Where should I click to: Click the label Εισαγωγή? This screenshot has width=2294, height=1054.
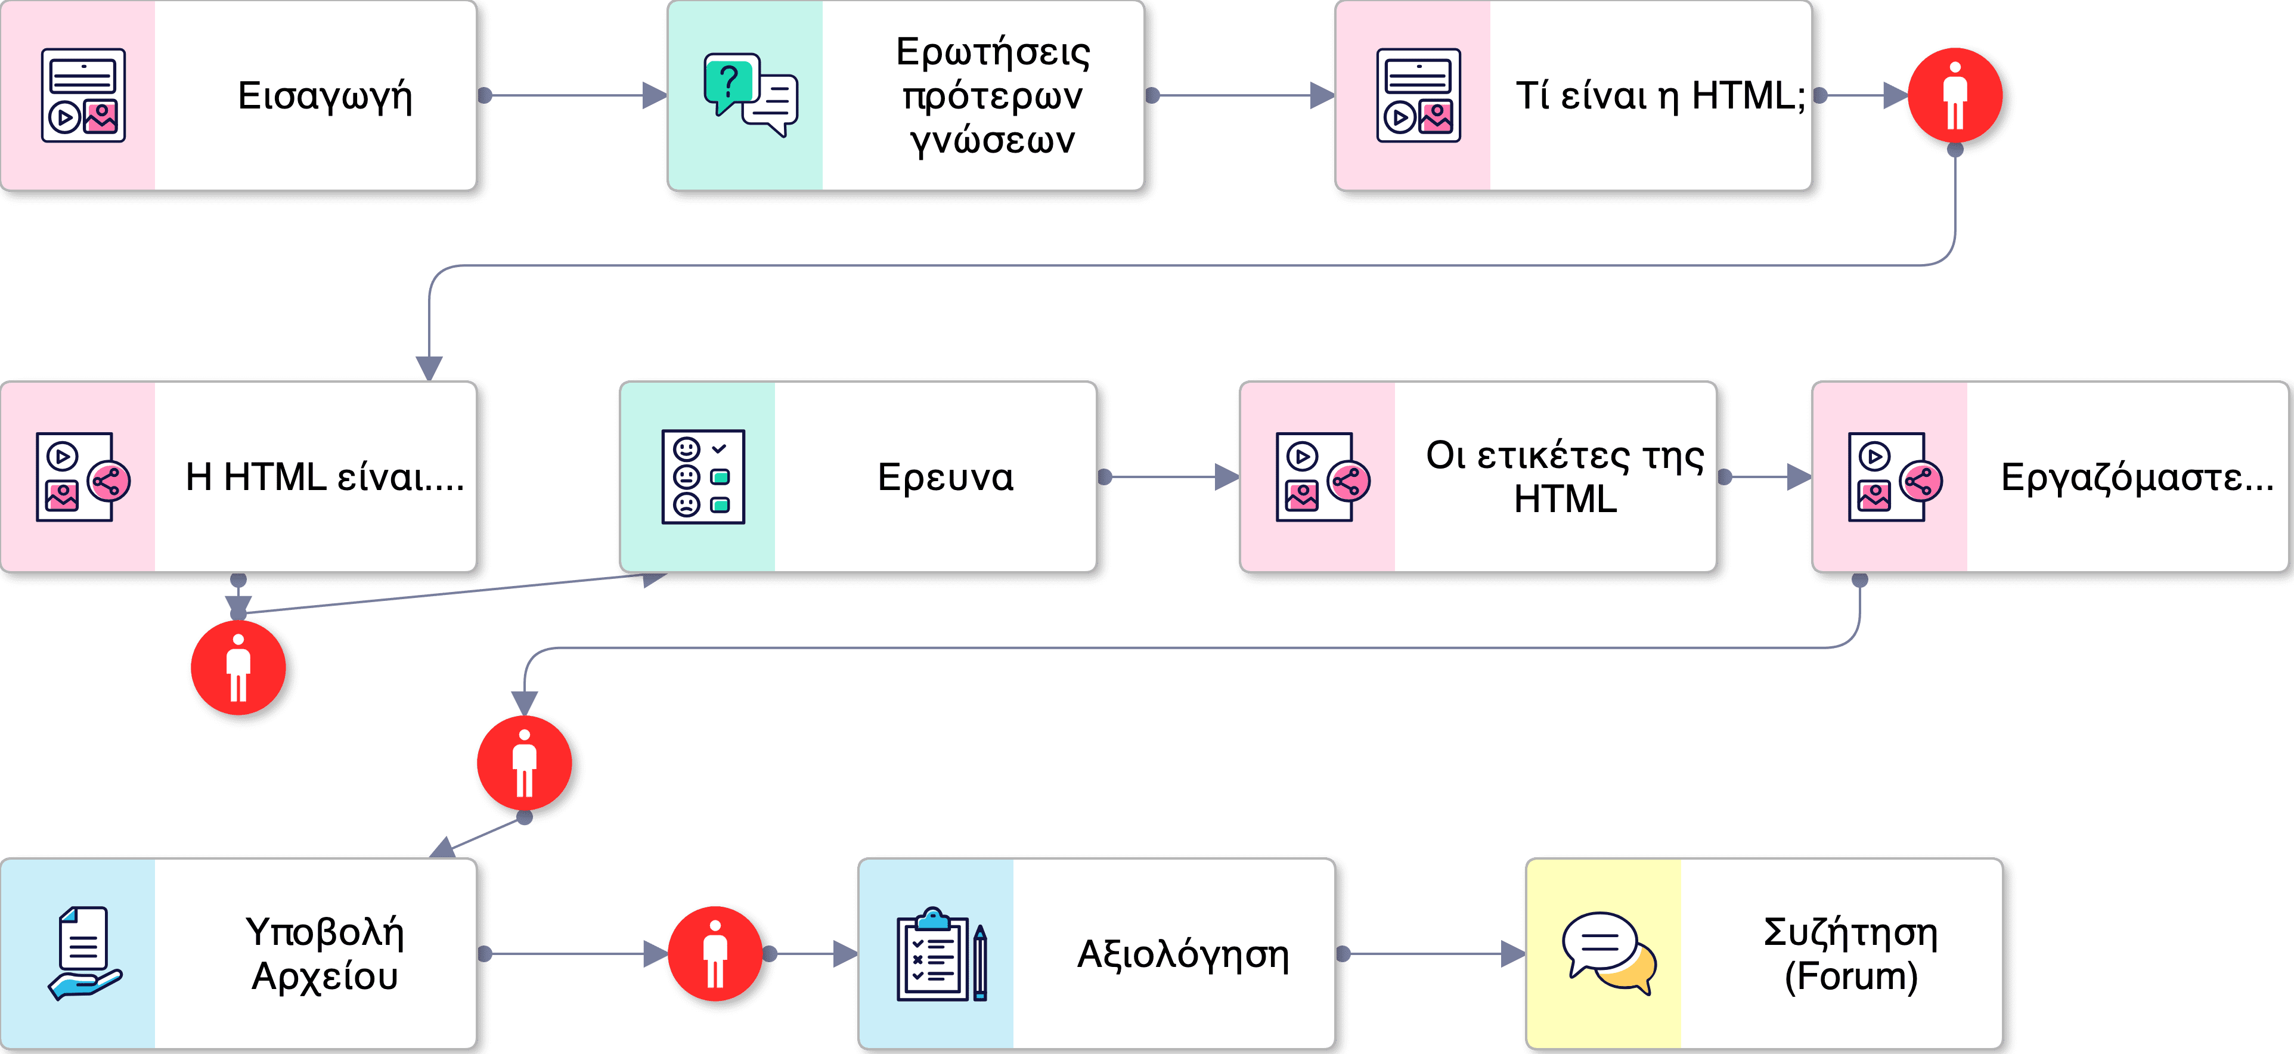325,96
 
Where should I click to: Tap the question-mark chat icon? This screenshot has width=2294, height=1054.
750,94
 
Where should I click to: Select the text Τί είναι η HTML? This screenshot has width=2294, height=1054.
1660,96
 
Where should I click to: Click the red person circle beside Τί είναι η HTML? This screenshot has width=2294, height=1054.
1955,96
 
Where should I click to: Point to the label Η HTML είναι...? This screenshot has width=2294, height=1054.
324,477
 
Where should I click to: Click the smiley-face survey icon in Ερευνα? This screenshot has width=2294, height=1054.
703,477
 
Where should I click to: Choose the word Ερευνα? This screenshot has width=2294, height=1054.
945,477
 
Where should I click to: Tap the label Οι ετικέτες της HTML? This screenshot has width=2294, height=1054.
1565,477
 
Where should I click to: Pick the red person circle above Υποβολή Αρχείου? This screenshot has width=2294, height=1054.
525,763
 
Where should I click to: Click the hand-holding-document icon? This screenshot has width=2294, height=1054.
83,953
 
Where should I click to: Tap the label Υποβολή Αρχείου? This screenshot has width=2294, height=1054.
325,953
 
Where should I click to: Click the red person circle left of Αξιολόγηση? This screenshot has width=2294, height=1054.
715,953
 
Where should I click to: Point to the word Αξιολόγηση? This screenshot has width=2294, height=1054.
1183,953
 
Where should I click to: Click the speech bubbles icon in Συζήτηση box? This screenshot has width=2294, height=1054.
1608,953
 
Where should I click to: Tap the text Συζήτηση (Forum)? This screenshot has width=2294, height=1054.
1850,953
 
